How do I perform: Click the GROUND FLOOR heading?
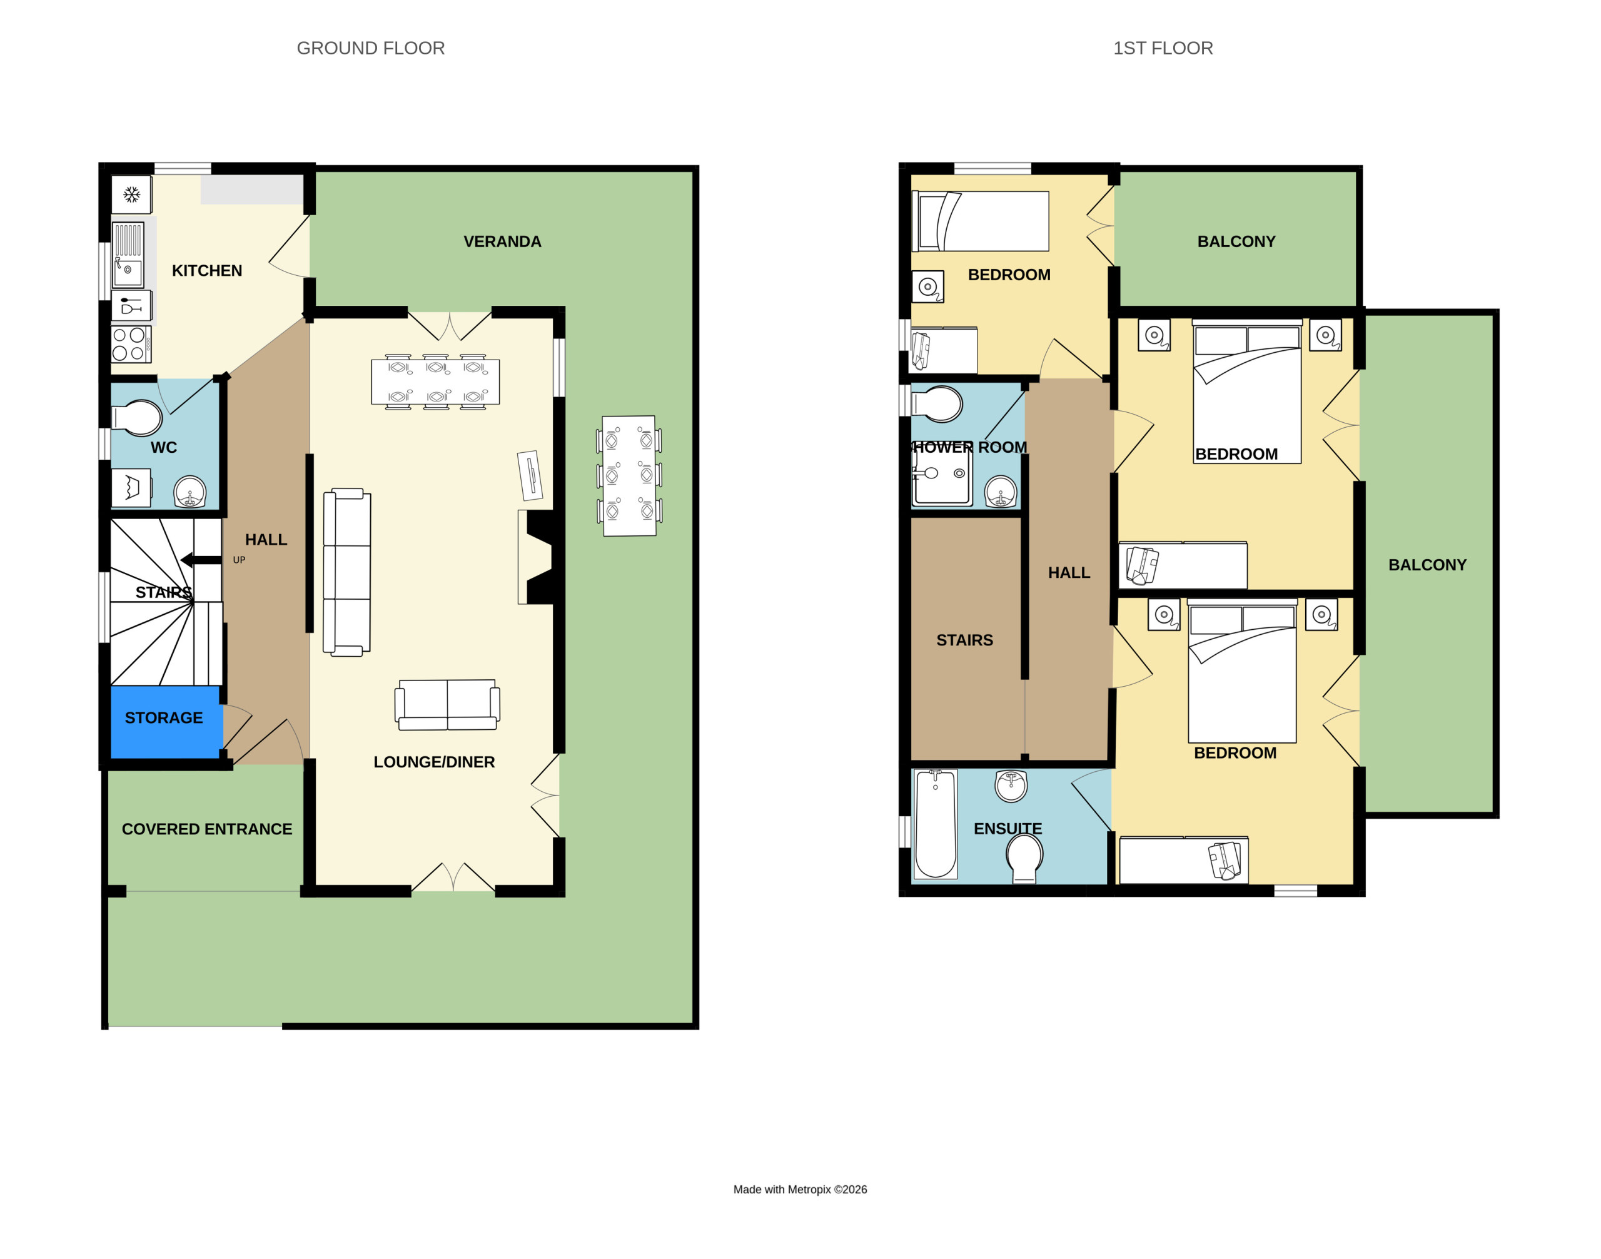pos(370,49)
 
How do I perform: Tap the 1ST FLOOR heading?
pos(1163,49)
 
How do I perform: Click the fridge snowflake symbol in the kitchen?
pos(132,195)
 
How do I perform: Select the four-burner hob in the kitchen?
pos(131,344)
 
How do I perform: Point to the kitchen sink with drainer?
pos(128,255)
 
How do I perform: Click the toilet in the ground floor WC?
pos(137,418)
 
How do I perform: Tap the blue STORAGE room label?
pos(164,718)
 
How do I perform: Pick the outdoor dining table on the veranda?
pos(629,476)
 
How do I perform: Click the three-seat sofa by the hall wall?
pos(346,572)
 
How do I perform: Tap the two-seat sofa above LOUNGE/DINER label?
pos(447,705)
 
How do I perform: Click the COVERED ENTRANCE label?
pos(207,829)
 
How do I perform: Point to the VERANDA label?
pos(502,242)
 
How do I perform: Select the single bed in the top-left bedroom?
pos(981,221)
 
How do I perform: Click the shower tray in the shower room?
pos(942,475)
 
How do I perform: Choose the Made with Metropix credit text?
pos(800,1190)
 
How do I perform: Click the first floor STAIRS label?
pos(964,640)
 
